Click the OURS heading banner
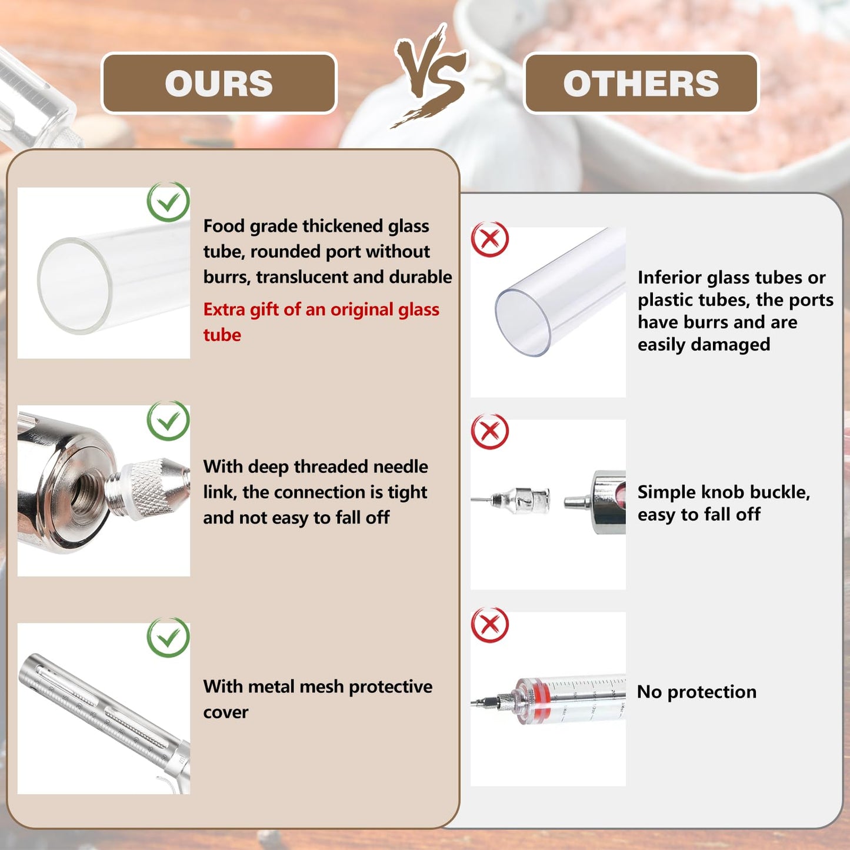click(219, 83)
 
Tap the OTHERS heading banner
click(641, 83)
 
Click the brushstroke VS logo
click(430, 75)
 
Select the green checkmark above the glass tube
click(168, 202)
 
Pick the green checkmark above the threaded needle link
click(168, 421)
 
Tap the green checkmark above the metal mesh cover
click(168, 638)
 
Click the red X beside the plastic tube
click(489, 239)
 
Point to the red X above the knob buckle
click(489, 431)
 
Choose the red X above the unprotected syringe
click(489, 625)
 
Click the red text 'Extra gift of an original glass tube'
click(321, 322)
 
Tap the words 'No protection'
click(697, 692)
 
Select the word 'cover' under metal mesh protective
click(226, 712)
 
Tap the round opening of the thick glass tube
click(74, 285)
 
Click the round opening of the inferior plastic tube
click(523, 323)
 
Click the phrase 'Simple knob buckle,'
click(724, 492)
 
